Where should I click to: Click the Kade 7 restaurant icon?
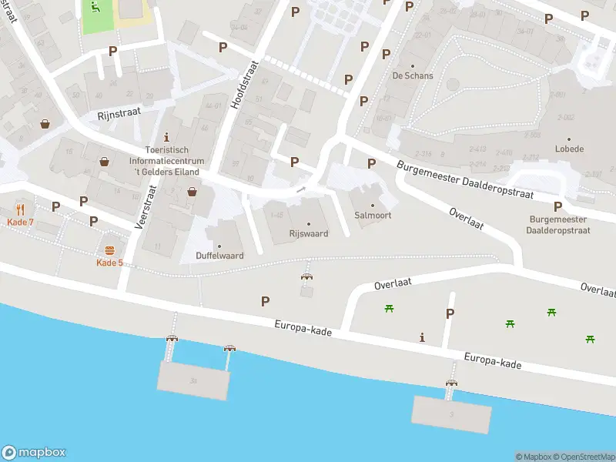(x=20, y=209)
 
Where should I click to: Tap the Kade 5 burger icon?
(x=109, y=250)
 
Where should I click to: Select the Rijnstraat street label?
(x=119, y=114)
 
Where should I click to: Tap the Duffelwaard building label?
(x=219, y=255)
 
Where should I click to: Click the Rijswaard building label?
(x=310, y=233)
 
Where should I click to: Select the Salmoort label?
(x=373, y=216)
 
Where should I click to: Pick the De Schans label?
(x=413, y=75)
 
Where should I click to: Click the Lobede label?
(x=569, y=149)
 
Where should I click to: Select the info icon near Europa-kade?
(x=421, y=337)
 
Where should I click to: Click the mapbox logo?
(x=34, y=453)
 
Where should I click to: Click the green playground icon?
(x=95, y=8)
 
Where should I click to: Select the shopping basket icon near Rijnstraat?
(x=45, y=123)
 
